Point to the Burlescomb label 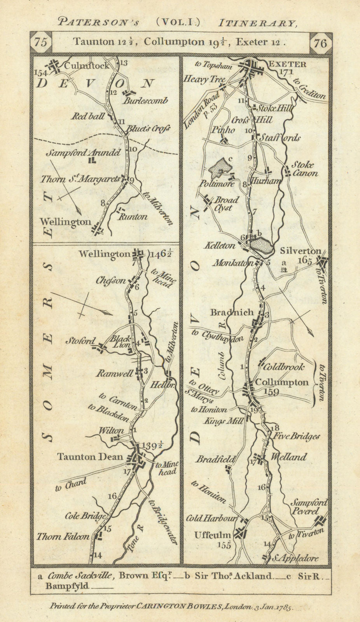point(146,101)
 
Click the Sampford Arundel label point(83,153)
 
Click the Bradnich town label point(232,313)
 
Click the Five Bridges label point(295,437)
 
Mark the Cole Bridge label point(88,516)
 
